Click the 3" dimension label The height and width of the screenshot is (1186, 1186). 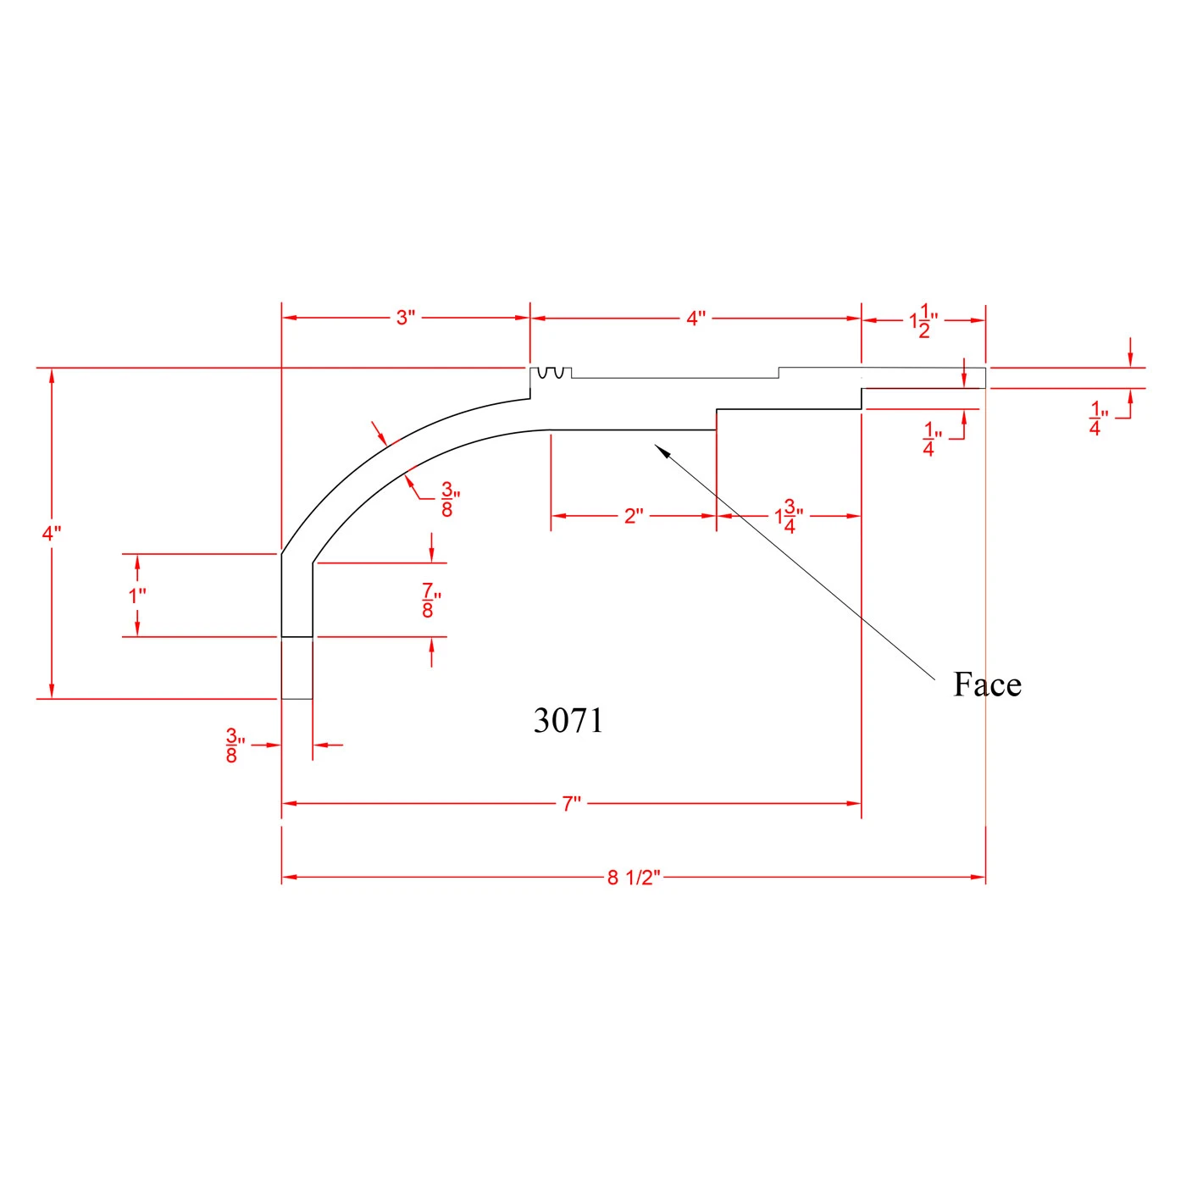click(x=406, y=318)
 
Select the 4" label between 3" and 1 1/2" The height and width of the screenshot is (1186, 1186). click(x=696, y=319)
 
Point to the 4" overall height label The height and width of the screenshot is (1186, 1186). click(x=52, y=534)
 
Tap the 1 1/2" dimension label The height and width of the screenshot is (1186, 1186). click(x=923, y=321)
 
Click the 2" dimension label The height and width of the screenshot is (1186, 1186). click(x=634, y=516)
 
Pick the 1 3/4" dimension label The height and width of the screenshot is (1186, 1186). click(x=789, y=517)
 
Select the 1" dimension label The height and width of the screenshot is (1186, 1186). click(x=137, y=596)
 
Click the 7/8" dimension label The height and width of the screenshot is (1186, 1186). click(x=431, y=600)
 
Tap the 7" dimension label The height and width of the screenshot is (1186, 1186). click(x=571, y=804)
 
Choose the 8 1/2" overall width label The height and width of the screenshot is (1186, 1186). click(x=634, y=878)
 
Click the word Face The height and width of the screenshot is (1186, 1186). click(x=987, y=684)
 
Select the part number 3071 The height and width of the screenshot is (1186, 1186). click(x=568, y=720)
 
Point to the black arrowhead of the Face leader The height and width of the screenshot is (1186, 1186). click(x=662, y=450)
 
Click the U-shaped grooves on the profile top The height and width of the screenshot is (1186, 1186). click(x=551, y=373)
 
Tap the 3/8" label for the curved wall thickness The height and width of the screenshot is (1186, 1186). click(x=450, y=499)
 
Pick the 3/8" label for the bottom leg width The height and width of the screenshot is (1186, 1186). click(x=236, y=745)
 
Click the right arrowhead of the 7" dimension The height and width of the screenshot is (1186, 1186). click(x=854, y=804)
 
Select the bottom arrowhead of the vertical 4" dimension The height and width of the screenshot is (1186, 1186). click(x=52, y=691)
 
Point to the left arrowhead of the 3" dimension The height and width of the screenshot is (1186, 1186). click(x=290, y=318)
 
